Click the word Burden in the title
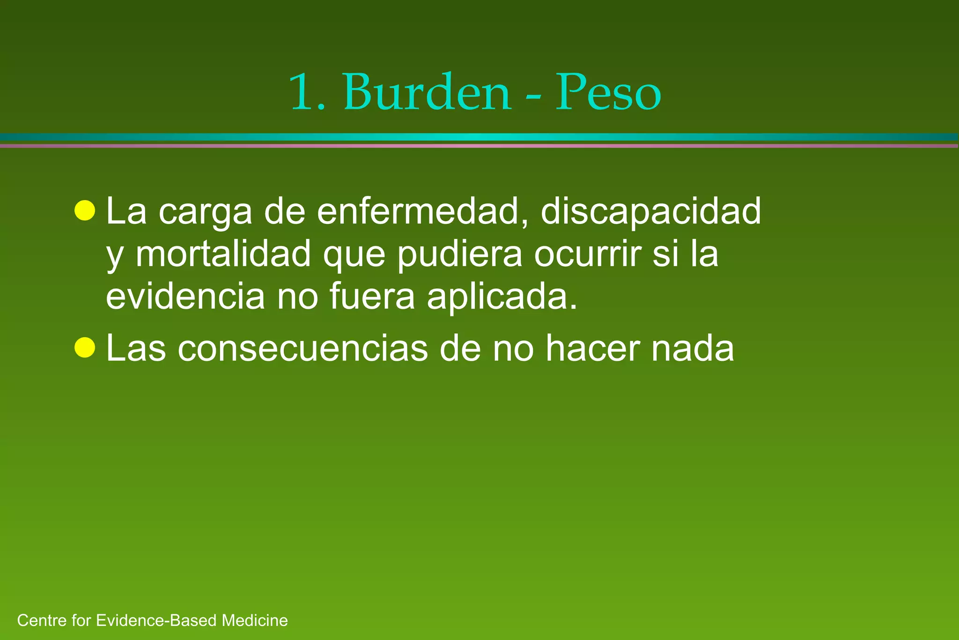coord(427,92)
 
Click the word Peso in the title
coord(608,92)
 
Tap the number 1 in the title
coord(304,92)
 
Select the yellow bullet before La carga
coord(85,210)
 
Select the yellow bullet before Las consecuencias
coord(85,348)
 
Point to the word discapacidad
coord(651,212)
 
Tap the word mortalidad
coord(223,254)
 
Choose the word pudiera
coord(460,254)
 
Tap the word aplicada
coord(502,297)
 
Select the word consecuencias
coord(302,349)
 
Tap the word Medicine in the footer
coord(255,620)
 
